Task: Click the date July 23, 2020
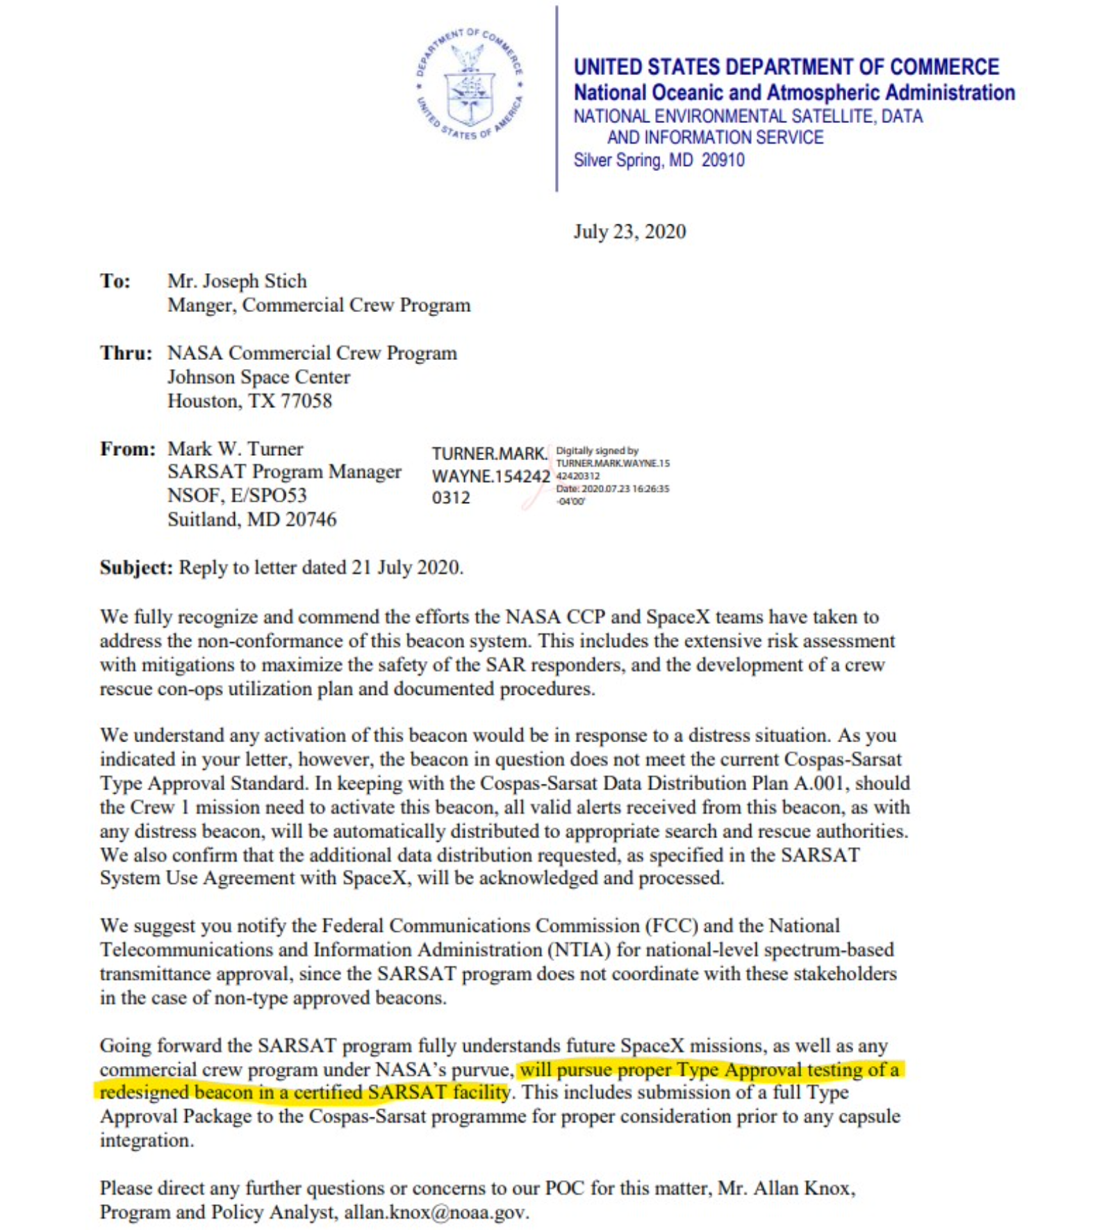[629, 231]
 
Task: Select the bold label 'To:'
[115, 281]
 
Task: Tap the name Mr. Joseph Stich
[237, 281]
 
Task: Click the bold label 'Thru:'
[126, 353]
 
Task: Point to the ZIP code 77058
[306, 401]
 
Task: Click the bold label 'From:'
[127, 449]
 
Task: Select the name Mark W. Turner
[236, 449]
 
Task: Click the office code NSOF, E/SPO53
[237, 495]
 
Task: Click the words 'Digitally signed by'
[597, 451]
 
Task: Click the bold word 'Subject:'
[136, 568]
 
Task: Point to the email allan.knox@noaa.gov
[436, 1213]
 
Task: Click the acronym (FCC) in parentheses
[671, 926]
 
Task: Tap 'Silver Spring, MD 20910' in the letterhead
[658, 161]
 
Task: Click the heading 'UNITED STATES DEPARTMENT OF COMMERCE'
[786, 67]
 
